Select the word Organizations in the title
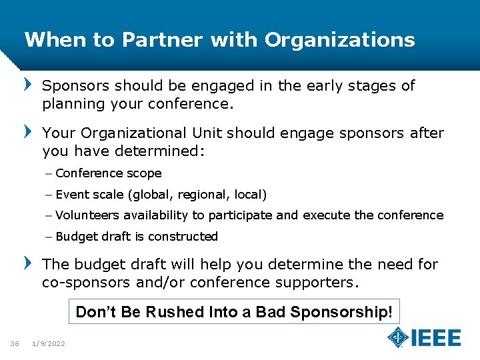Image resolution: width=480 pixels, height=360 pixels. click(x=339, y=40)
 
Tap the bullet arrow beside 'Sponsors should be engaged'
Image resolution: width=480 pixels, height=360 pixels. click(x=27, y=85)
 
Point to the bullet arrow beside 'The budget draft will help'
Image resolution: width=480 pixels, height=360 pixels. click(x=27, y=264)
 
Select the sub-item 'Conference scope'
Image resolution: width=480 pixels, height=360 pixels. click(x=108, y=173)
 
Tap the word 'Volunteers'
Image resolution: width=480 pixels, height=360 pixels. click(x=86, y=215)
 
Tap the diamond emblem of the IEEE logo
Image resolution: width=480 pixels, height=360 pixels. click(x=398, y=337)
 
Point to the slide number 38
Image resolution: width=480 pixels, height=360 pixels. click(x=14, y=343)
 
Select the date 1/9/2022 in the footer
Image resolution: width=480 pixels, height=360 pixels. click(x=49, y=343)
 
